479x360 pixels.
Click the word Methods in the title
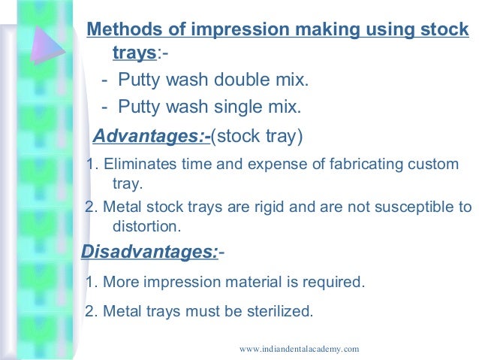click(x=121, y=30)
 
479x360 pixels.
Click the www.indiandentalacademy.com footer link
click(x=299, y=349)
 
